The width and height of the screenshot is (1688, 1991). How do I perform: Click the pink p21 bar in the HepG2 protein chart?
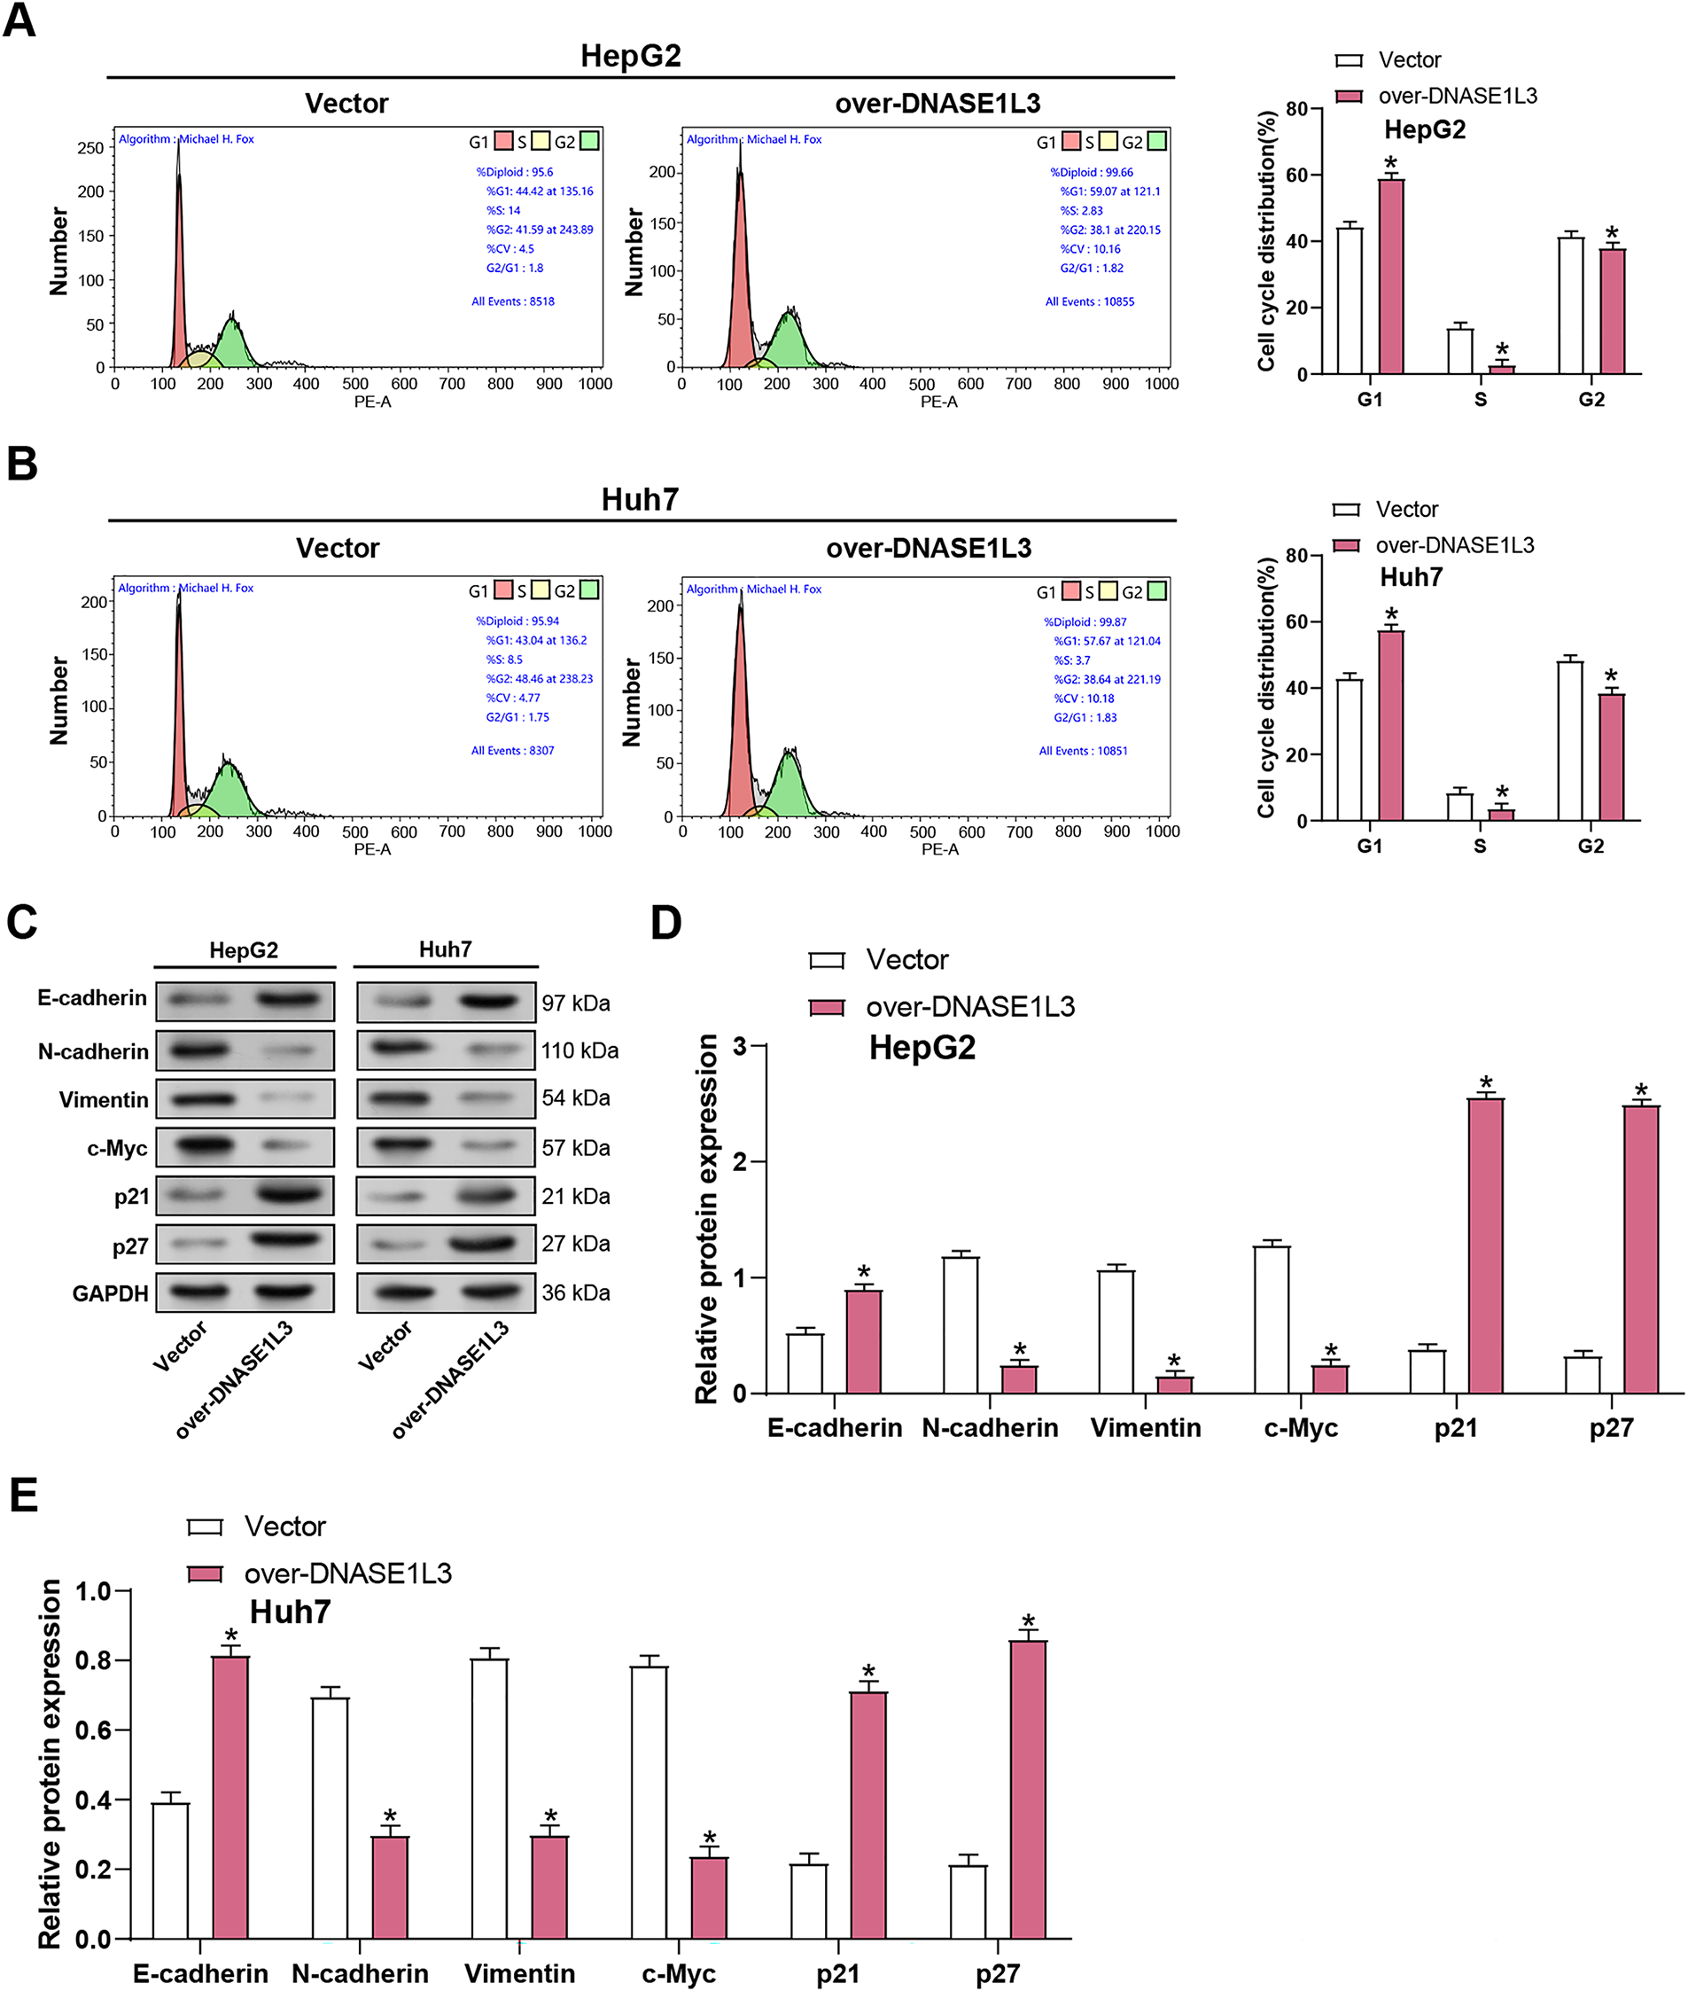[1485, 1245]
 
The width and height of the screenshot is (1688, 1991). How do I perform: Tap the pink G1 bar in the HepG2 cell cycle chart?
[1390, 277]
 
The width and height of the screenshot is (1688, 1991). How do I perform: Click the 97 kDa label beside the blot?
[575, 1003]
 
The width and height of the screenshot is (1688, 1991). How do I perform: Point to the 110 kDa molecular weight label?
[579, 1051]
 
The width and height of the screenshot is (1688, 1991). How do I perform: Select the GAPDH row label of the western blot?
[110, 1293]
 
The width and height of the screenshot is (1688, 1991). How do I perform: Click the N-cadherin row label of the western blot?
[93, 1052]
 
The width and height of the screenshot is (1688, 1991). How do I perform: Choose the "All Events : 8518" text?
[512, 301]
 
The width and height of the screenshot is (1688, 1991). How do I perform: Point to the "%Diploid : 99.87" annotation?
[1085, 622]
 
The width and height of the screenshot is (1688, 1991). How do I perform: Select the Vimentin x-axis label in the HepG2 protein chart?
[1145, 1428]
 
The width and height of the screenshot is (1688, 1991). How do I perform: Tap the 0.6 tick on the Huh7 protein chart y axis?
[93, 1730]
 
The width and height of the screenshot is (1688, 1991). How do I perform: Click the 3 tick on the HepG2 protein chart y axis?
[740, 1046]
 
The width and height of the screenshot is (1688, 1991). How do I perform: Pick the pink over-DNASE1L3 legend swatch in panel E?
[205, 1573]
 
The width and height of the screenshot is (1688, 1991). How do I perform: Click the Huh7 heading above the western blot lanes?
[445, 949]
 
